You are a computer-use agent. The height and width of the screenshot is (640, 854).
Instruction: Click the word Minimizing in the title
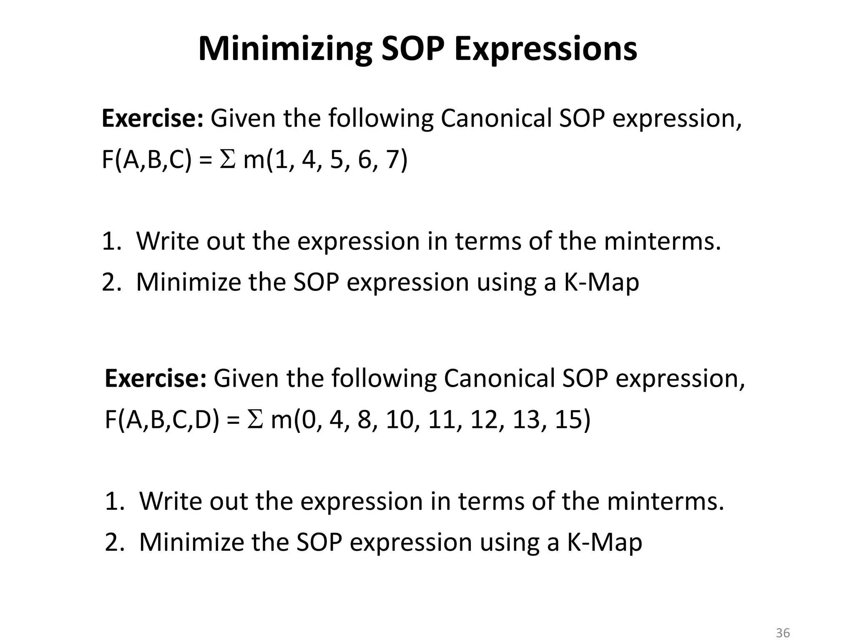(x=285, y=49)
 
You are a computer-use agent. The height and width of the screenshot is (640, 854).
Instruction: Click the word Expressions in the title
(x=545, y=49)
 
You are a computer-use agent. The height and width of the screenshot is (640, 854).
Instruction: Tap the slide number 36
(x=783, y=633)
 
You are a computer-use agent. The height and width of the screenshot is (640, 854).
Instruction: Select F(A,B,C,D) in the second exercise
(x=162, y=420)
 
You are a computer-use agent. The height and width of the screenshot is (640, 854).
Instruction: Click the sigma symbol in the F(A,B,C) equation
(x=227, y=160)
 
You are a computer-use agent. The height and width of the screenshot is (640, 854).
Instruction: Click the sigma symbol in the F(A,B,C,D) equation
(x=255, y=420)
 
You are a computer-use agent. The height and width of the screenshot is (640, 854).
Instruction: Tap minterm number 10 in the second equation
(x=399, y=420)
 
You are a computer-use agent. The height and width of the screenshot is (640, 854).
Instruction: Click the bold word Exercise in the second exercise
(x=155, y=379)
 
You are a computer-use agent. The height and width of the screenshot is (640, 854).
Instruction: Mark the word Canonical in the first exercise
(x=496, y=119)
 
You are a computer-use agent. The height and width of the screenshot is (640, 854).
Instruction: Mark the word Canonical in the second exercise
(x=499, y=379)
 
